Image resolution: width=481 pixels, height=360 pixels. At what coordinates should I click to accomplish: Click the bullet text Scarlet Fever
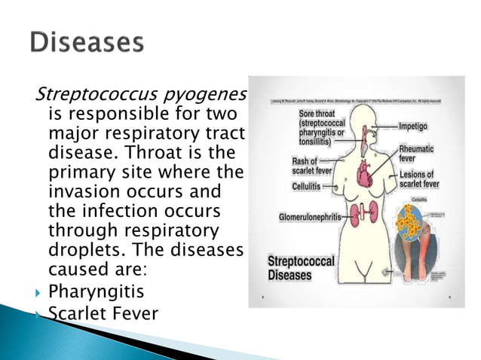103,311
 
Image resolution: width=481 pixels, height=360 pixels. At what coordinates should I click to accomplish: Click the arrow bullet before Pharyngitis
35,291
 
